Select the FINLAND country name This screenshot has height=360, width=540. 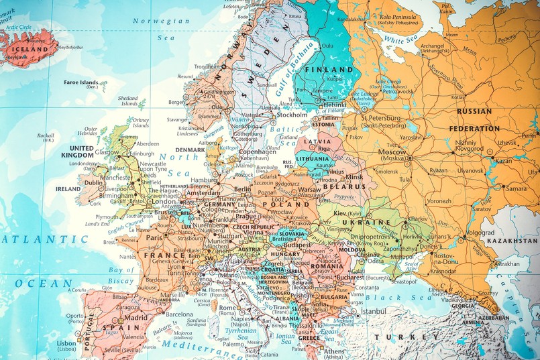(329, 69)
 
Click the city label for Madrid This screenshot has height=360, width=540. (135, 318)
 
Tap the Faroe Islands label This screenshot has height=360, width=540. (80, 82)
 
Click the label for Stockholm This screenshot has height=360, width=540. (292, 115)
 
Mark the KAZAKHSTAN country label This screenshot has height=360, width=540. (512, 240)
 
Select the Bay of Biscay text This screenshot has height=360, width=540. (121, 276)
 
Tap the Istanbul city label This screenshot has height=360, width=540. (374, 311)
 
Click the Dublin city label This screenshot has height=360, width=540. (94, 182)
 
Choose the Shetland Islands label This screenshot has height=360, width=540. (127, 101)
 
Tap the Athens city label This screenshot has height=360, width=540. (335, 351)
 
